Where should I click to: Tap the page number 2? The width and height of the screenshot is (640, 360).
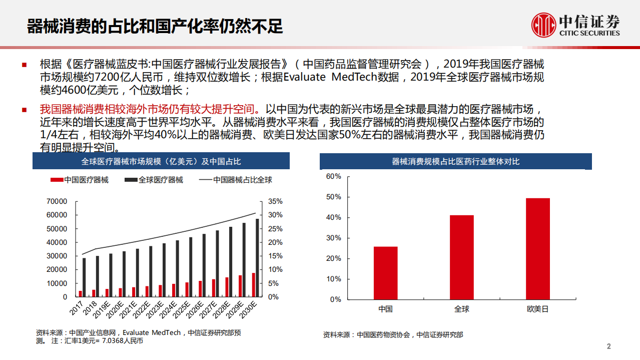pos(608,346)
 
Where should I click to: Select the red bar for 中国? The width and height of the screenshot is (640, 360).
pos(385,273)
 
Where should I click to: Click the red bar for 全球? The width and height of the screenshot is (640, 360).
pos(461,257)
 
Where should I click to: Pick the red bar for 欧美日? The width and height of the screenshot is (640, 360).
pos(538,249)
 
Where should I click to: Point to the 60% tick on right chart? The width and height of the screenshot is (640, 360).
pos(333,176)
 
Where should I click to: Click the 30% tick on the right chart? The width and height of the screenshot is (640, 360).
pos(333,238)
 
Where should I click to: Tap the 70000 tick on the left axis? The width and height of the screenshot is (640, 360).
pos(57,201)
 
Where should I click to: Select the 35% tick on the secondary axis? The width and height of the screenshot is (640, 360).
pos(275,201)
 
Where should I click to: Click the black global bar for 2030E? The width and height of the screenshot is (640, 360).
pos(258,258)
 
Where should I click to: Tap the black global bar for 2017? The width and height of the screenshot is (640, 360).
pos(84,277)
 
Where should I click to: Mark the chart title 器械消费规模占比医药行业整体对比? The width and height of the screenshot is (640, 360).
pos(455,162)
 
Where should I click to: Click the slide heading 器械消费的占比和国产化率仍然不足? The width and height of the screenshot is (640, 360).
pos(155,26)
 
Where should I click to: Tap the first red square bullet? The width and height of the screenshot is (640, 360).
pos(24,65)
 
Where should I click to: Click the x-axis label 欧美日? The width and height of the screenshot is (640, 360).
pos(538,309)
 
